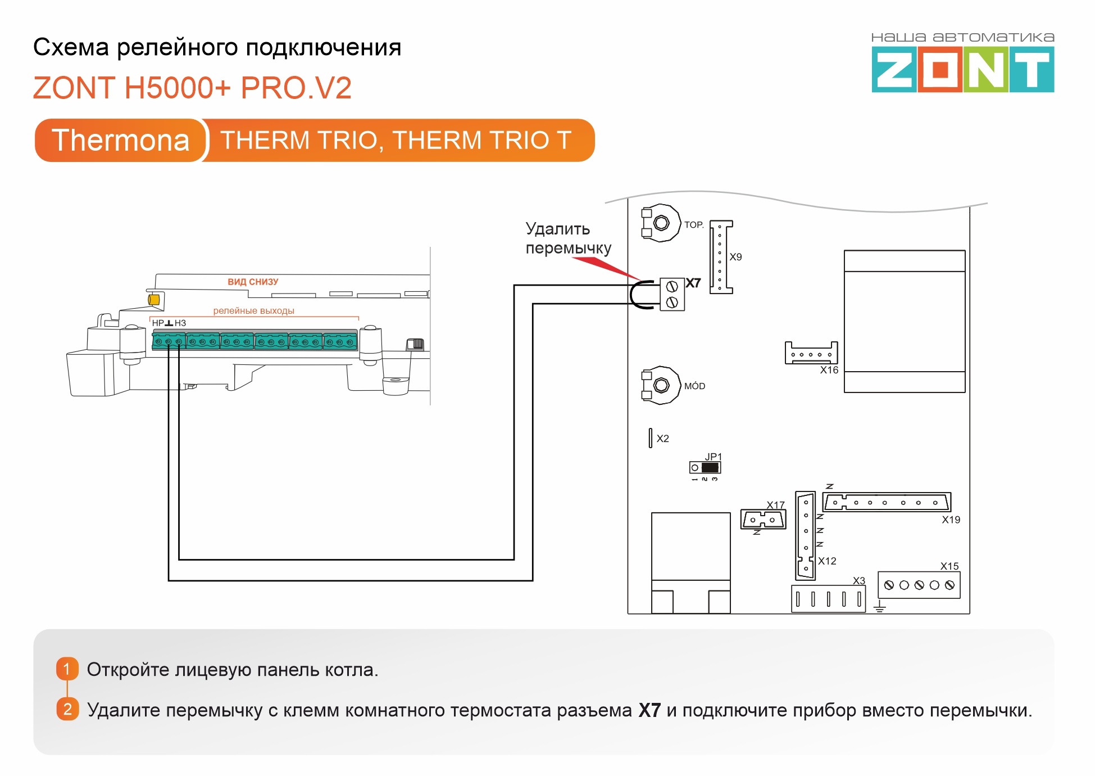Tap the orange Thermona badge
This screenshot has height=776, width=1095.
coord(121,140)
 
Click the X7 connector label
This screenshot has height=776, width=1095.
coord(693,283)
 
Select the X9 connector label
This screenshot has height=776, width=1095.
coord(735,257)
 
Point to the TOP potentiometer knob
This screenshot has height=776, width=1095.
coord(661,223)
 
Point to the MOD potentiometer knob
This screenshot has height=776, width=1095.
coord(661,385)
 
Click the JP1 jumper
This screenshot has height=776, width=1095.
coord(705,467)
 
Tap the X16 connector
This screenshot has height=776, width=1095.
coord(811,353)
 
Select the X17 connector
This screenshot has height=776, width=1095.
coord(763,520)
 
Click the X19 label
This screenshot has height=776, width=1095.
coord(951,520)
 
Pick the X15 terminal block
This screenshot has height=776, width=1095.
coord(919,585)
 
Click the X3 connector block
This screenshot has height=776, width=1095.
coord(828,599)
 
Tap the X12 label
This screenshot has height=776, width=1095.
coord(827,561)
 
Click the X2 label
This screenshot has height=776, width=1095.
coord(663,439)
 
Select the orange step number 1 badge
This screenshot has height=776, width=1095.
coord(67,669)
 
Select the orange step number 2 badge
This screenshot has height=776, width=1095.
coord(67,709)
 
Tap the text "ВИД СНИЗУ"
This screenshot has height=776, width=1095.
coord(253,282)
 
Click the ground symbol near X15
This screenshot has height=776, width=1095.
coord(880,606)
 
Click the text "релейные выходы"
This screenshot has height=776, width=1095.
coord(253,310)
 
